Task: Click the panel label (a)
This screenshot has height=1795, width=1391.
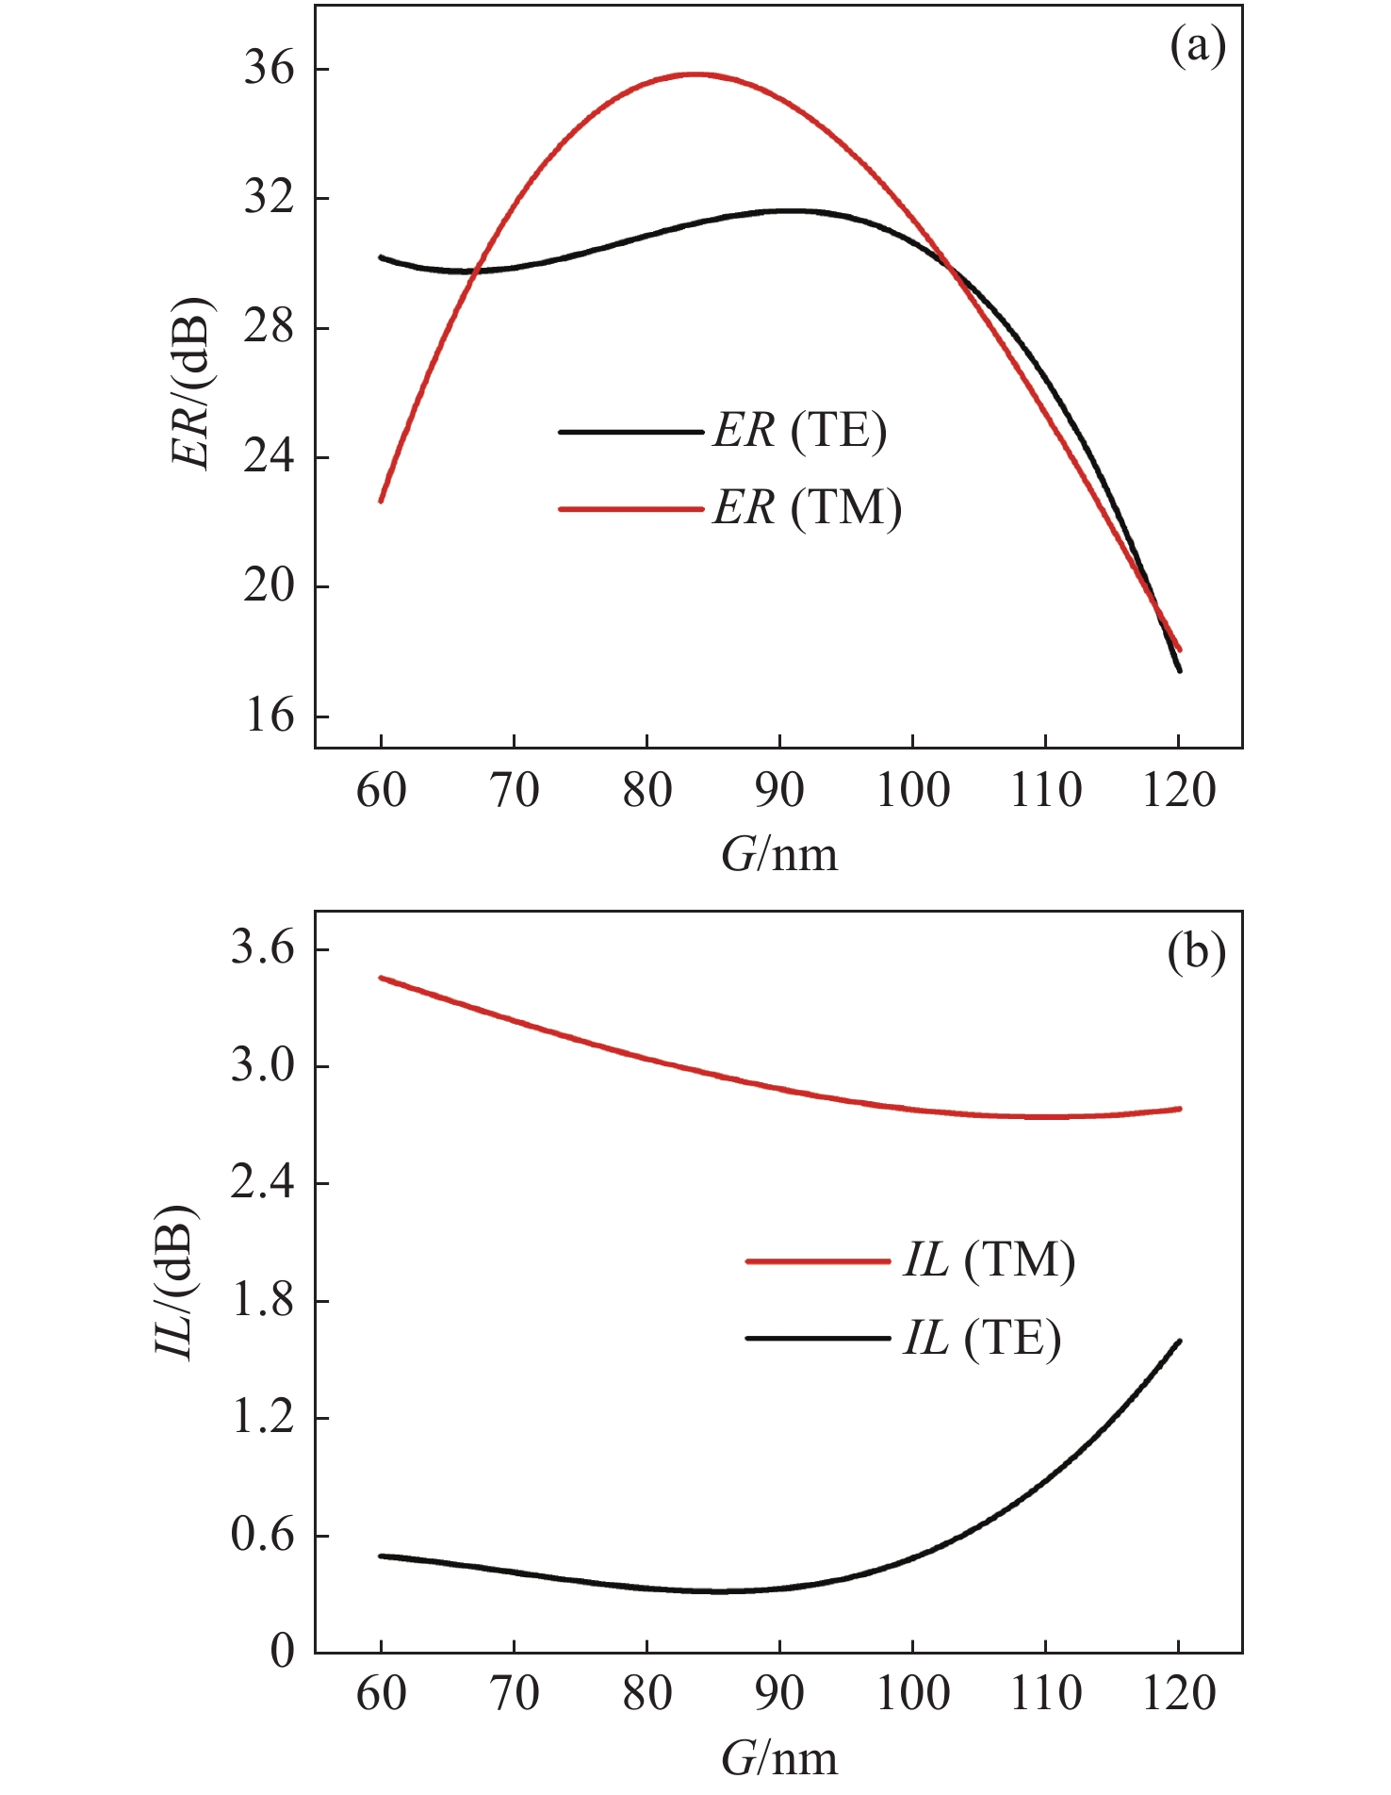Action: [x=1197, y=45]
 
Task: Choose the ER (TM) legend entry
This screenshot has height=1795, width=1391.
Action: [x=807, y=509]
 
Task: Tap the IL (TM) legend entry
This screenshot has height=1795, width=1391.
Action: [x=989, y=1260]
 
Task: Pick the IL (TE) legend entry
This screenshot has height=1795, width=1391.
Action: [x=981, y=1338]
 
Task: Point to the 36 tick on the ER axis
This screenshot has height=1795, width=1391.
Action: [x=269, y=70]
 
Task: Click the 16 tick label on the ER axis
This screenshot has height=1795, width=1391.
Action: [x=269, y=716]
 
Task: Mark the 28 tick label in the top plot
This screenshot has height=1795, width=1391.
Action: [x=269, y=328]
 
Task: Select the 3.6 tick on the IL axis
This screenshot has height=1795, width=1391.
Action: [x=262, y=949]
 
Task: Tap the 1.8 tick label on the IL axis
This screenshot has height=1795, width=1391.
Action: [x=262, y=1302]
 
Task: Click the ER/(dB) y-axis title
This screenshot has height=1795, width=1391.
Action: [x=191, y=382]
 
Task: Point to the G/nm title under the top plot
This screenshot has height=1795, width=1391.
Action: [x=779, y=855]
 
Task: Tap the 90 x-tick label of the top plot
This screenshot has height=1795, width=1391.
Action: [x=779, y=791]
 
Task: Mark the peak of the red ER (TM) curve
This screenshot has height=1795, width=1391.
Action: [x=696, y=74]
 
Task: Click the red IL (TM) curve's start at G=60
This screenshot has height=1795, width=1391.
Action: [x=381, y=978]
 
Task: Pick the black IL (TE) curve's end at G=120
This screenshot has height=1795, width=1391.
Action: [x=1178, y=1341]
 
